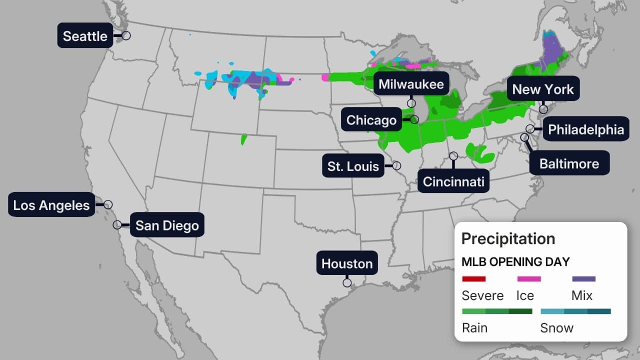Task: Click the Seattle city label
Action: coord(85,36)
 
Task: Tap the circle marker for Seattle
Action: coord(126,35)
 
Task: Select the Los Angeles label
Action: coord(51,205)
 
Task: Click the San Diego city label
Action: coord(167,225)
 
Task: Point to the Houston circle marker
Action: coord(347,282)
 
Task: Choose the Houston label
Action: coord(347,263)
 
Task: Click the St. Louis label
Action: coord(353,166)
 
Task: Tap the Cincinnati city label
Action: coord(453,182)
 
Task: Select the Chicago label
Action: coord(371,120)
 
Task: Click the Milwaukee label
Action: coord(411,84)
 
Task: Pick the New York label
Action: coord(543,89)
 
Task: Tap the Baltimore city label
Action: coord(569,163)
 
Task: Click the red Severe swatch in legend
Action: coord(473,279)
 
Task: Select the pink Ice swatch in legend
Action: coord(528,279)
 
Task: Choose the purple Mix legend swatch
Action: coord(583,279)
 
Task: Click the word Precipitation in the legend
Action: coord(508,238)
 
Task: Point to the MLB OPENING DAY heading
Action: coord(515,261)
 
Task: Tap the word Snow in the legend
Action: coord(556,328)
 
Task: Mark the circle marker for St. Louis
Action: coord(396,165)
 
